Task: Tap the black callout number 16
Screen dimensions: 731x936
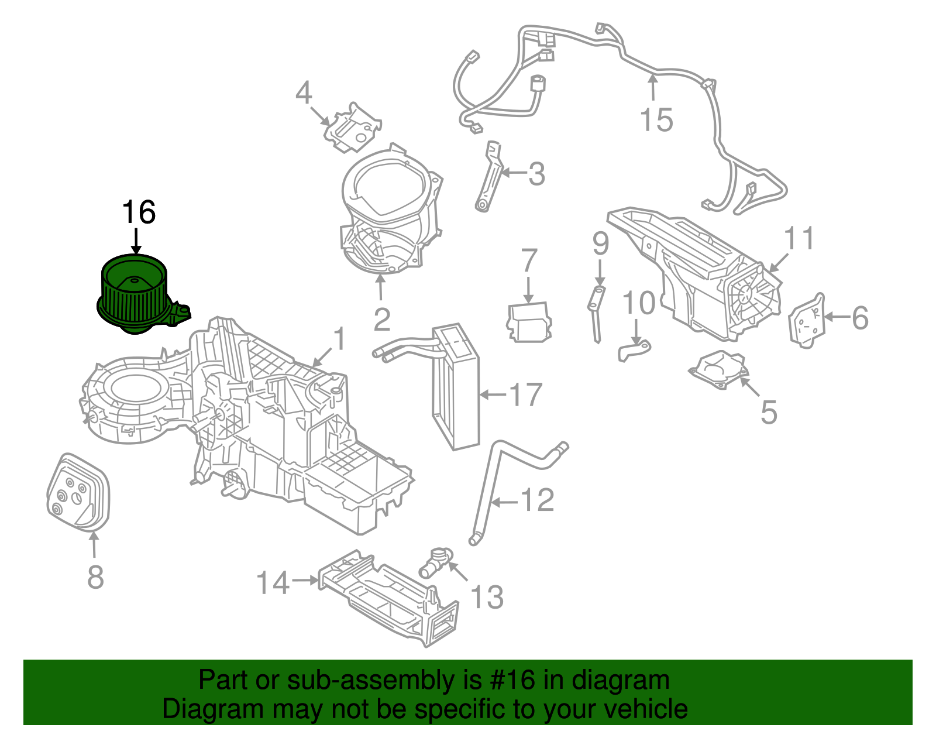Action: point(139,212)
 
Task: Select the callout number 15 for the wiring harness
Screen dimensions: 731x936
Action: point(656,120)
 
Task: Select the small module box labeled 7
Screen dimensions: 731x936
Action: point(529,322)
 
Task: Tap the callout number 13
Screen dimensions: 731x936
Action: point(486,597)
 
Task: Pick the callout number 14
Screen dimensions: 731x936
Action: point(273,583)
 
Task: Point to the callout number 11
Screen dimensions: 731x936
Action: point(799,239)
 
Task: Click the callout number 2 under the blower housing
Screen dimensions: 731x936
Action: point(381,319)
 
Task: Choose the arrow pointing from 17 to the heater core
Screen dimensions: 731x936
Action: point(493,395)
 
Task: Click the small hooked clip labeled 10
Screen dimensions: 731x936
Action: point(634,351)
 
